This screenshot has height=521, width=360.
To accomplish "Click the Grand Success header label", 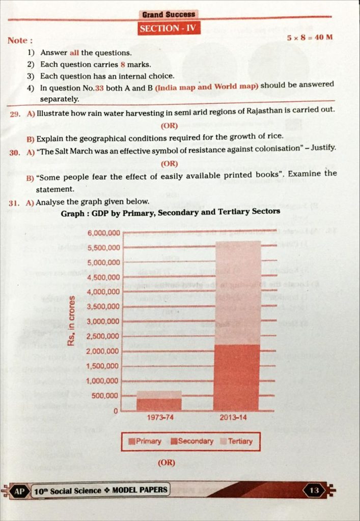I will point(169,15).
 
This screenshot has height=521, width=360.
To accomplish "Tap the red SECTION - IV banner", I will point(169,28).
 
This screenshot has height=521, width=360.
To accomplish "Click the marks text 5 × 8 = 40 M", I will point(309,38).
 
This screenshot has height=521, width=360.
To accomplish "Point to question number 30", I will point(14,152).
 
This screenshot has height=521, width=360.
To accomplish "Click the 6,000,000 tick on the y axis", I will point(103,234).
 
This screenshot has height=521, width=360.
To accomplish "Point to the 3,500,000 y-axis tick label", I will point(103,307).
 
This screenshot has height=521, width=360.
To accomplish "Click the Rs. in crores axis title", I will point(72,320).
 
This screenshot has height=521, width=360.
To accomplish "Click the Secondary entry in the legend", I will point(192,441).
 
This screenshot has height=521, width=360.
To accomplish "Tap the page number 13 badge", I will point(314,490).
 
